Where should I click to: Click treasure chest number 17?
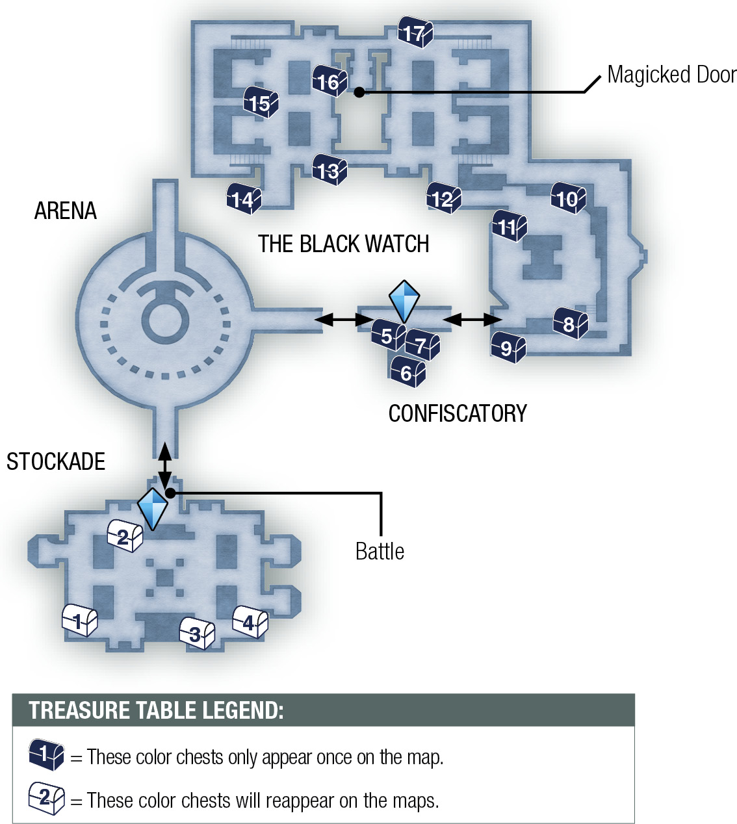point(415,32)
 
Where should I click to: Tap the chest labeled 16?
point(330,81)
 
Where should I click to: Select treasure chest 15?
point(261,102)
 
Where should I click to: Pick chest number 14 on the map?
point(244,198)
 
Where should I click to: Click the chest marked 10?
point(569,198)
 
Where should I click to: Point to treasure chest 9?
point(508,347)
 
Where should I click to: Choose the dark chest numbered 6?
point(408,371)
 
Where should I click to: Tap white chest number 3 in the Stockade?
point(198,633)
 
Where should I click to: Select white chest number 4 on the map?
point(250,621)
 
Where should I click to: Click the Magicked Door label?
point(672,75)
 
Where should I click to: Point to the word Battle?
point(380,552)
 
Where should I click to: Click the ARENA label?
point(66,211)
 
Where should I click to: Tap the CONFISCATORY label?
point(458,414)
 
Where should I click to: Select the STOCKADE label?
point(56,461)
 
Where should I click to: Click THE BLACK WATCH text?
point(344,244)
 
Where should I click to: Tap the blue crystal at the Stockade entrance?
point(153,509)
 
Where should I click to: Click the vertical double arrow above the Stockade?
point(164,465)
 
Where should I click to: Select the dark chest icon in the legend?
point(46,754)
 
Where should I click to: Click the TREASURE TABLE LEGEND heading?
point(156,710)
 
